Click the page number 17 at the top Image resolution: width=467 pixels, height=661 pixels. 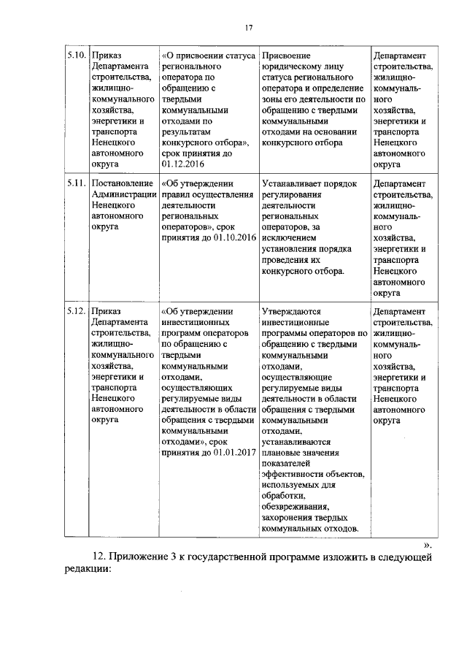pos(248,28)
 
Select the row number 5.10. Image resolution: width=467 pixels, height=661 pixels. pos(77,56)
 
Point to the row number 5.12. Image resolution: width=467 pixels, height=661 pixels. pos(77,312)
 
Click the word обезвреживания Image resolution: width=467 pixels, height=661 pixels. pos(296,508)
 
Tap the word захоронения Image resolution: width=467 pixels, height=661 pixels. pos(289,519)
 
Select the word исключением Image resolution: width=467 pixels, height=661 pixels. pos(289,238)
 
